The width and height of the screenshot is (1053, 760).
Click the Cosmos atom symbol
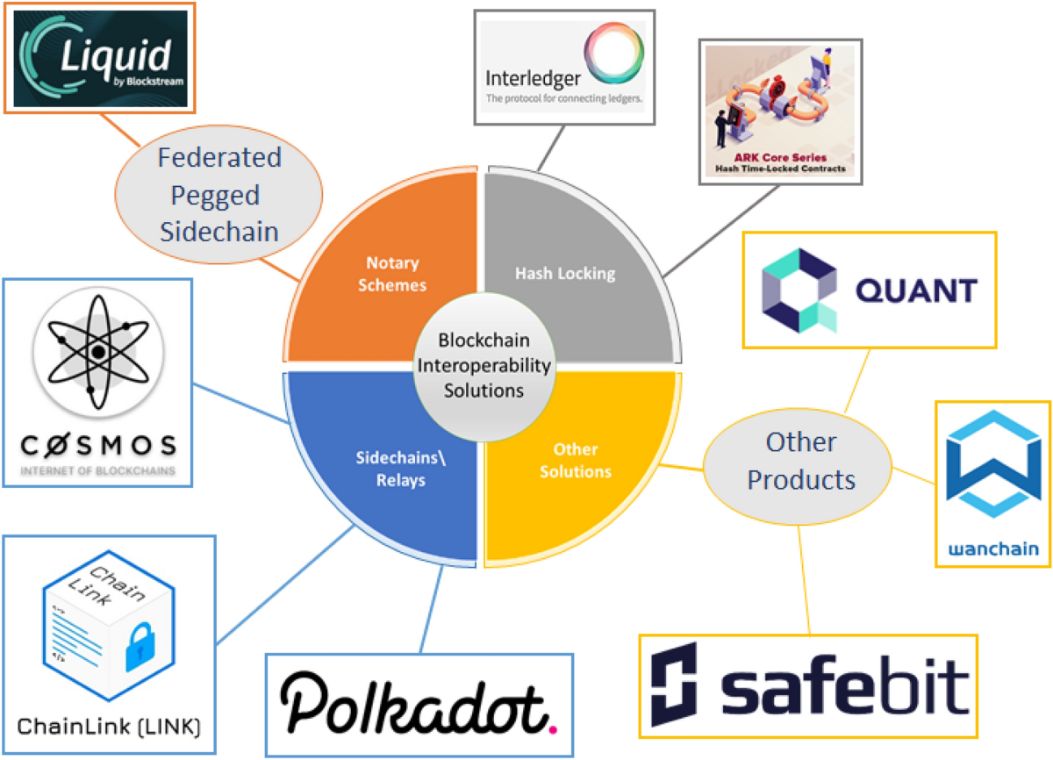(x=98, y=350)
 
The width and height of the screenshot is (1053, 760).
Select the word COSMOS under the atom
(x=98, y=446)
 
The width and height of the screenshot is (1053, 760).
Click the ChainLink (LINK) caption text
(x=109, y=728)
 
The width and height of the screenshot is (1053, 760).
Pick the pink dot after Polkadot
(x=552, y=728)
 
